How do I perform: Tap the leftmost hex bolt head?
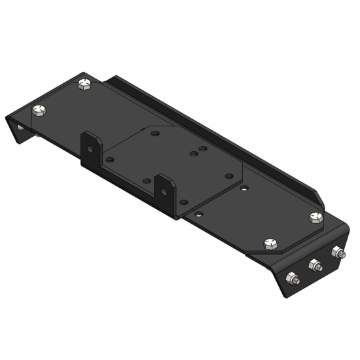point(41,111)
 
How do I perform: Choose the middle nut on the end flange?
point(314,265)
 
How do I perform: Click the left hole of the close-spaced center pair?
point(193,155)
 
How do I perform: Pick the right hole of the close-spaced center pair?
point(202,150)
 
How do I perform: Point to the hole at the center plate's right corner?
point(226,176)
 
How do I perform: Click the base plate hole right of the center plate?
point(243,187)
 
